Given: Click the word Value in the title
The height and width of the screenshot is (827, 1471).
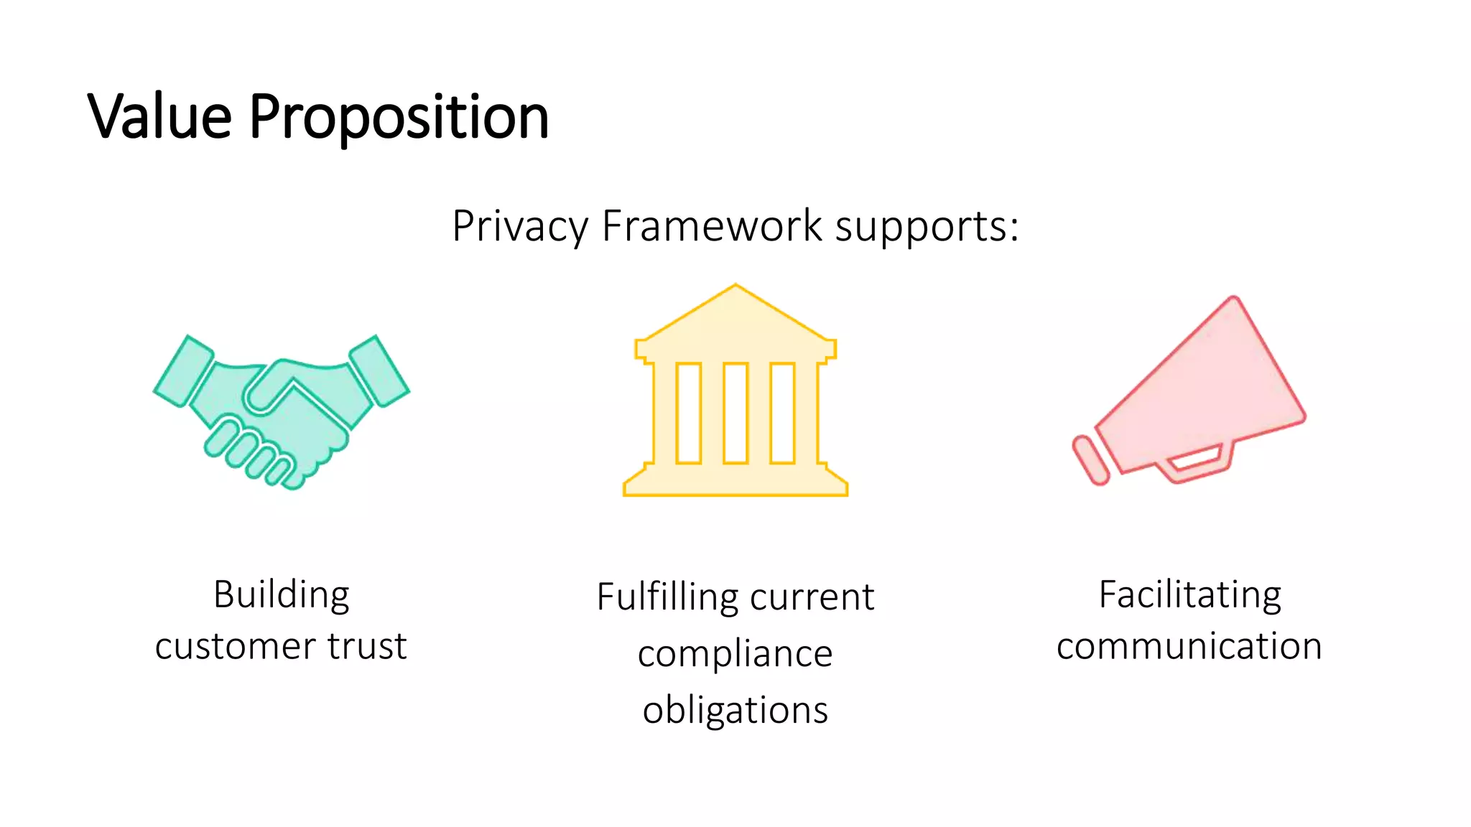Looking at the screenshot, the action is tap(159, 116).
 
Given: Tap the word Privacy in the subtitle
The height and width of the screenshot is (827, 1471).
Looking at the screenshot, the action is tap(520, 228).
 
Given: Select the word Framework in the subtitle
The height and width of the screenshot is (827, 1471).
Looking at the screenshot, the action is tap(712, 226).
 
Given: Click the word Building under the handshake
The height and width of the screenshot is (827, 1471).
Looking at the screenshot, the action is tap(281, 595).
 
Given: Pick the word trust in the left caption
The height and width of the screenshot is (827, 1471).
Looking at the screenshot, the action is tap(367, 646).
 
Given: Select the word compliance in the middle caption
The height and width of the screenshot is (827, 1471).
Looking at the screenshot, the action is tap(735, 654).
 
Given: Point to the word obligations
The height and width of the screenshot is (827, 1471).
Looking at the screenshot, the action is tap(735, 711).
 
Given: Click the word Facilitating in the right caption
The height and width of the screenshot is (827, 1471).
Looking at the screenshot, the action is tap(1189, 595).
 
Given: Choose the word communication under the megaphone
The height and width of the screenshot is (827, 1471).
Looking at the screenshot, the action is tap(1189, 646).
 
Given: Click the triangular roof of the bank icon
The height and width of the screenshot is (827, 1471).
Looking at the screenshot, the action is tap(735, 316).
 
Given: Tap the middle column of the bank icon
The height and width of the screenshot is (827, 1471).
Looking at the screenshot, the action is tap(735, 413).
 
